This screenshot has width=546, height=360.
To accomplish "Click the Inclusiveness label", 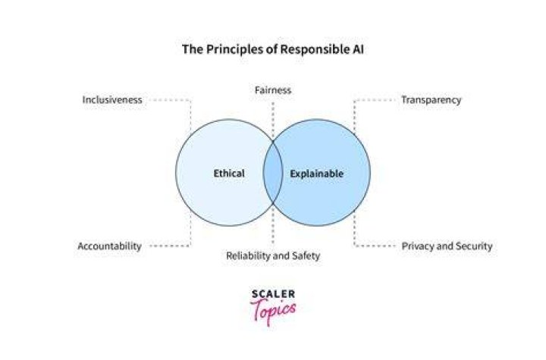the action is click(112, 100).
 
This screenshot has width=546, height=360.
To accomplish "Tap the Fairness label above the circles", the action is click(273, 90).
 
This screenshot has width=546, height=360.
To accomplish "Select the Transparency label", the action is click(431, 100).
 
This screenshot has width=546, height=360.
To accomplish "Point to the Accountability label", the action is click(110, 246).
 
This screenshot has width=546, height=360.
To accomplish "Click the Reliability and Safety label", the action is click(273, 256).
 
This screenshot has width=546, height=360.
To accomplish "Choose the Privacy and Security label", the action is click(447, 246).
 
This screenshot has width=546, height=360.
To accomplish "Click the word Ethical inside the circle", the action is click(229, 174).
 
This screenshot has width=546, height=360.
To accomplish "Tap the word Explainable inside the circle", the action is click(317, 174).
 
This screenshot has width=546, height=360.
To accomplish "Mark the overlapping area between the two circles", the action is click(273, 173).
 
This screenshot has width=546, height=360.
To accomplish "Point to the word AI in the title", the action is click(356, 49).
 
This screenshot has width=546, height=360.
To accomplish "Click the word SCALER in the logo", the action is click(273, 294).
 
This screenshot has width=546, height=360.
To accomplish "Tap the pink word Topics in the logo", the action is click(273, 311).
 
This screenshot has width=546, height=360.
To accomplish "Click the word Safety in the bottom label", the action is click(306, 256).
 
